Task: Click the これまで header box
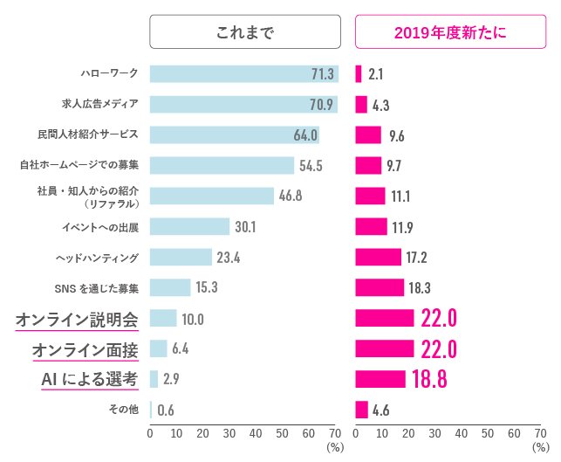coord(244,33)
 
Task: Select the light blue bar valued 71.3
coord(243,74)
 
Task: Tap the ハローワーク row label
coord(108,74)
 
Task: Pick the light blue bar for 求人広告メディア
coord(243,105)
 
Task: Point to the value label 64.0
coord(304,135)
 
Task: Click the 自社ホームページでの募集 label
coord(79,165)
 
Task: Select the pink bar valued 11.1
coord(370,196)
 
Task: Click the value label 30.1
coord(244,227)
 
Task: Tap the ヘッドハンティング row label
coord(97,258)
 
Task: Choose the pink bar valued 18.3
coord(380,287)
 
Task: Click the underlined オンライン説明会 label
coord(77,319)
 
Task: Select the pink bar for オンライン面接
coord(385,349)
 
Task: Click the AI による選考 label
coord(89,379)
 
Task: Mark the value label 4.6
coord(380,410)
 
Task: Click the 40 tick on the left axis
coord(256,433)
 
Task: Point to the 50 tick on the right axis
coord(487,433)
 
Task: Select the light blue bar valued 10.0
coord(163,319)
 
